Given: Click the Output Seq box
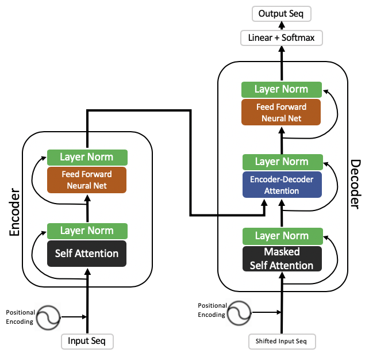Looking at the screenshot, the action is (x=282, y=14).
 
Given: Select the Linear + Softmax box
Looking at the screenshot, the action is (x=282, y=38).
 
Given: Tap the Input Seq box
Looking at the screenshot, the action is (x=87, y=342).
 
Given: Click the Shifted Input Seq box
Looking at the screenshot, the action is (x=282, y=342).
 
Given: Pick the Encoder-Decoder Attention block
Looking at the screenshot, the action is (x=282, y=185).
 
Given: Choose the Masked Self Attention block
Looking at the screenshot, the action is (x=282, y=259).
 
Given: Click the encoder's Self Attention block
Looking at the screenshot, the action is (x=87, y=254).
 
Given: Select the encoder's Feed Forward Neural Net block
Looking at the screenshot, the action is (x=87, y=180).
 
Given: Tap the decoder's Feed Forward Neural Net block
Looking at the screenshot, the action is (x=281, y=112).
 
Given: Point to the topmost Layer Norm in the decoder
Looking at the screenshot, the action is (x=282, y=90).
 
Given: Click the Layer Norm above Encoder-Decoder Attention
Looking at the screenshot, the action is (x=283, y=162).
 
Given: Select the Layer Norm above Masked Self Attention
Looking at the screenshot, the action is (x=283, y=236).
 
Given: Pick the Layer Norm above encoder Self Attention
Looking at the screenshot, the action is (x=87, y=231).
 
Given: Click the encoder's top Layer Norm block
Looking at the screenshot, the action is (x=87, y=157).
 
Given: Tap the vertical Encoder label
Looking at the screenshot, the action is (x=14, y=212).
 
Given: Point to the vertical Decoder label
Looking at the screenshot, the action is (x=355, y=185).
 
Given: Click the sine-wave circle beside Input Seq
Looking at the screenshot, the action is (x=48, y=317).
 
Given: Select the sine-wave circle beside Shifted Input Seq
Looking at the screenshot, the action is (x=239, y=313).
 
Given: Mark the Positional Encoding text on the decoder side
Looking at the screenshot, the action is (x=212, y=310).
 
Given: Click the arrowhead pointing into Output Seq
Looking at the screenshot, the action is (x=282, y=25).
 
